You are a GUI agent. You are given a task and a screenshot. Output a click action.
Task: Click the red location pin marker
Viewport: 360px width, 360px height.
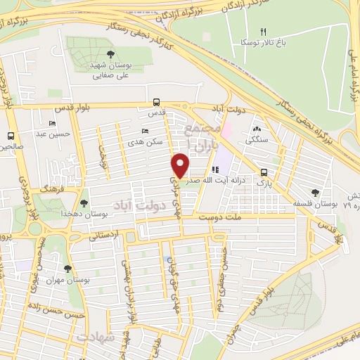point(180,166)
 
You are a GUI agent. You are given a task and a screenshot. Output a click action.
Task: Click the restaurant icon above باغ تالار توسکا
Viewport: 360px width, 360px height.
point(264,32)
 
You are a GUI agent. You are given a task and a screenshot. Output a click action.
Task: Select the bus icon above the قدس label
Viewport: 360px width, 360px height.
point(157,101)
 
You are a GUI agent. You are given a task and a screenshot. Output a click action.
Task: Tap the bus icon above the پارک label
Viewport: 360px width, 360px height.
point(264,172)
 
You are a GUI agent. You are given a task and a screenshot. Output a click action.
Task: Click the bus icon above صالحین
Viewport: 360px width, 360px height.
point(11,136)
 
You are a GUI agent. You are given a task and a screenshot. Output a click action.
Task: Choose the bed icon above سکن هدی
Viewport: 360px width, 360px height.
point(146,131)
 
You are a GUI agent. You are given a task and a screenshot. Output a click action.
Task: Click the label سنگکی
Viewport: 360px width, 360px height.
point(257,140)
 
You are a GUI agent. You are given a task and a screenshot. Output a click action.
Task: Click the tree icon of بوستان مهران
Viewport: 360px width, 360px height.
point(67,268)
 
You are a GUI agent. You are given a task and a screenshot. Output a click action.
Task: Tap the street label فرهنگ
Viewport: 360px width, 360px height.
point(52,190)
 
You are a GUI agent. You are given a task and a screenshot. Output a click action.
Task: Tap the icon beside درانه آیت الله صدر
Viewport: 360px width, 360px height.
point(215,169)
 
